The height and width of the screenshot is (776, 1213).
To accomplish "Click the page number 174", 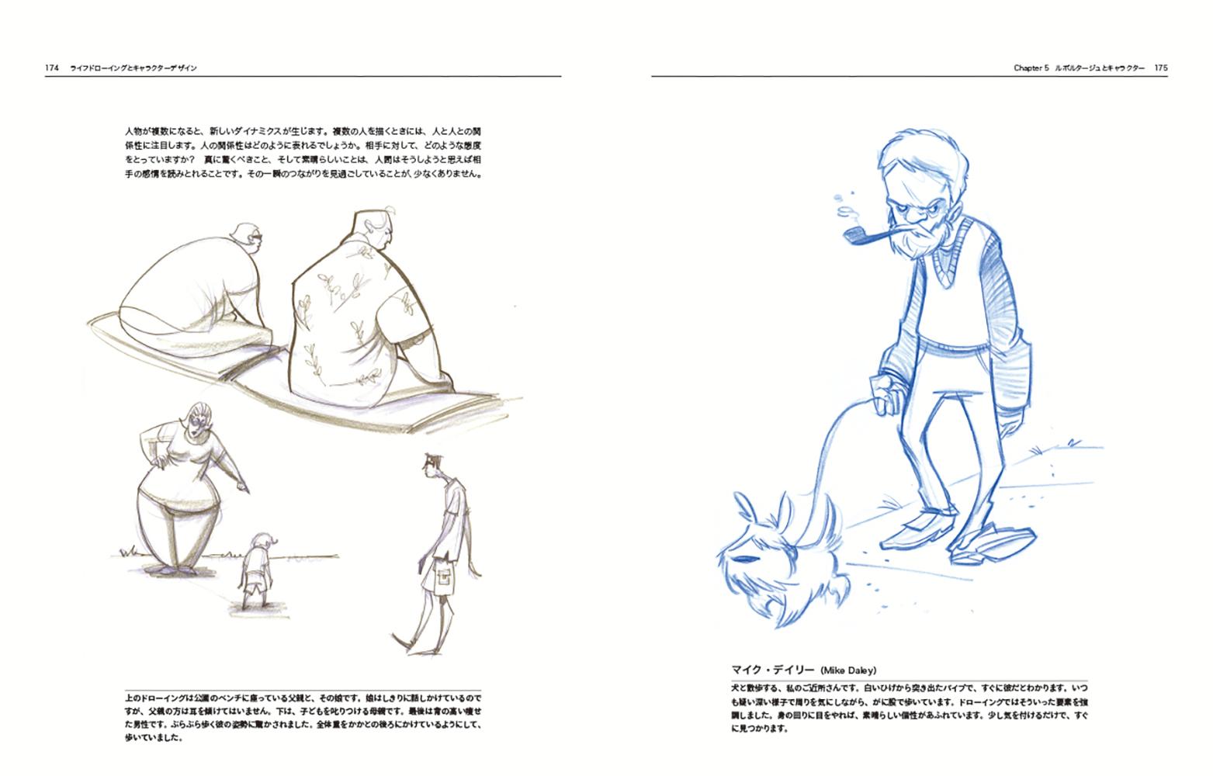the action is click(x=51, y=68).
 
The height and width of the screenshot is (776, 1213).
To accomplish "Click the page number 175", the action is click(x=1161, y=68).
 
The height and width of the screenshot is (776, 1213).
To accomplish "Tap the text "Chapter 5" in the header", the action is click(x=1031, y=68).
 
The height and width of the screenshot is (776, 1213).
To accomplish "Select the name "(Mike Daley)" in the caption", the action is click(x=848, y=670).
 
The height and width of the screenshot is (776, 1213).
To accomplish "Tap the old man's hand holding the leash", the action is click(x=888, y=394).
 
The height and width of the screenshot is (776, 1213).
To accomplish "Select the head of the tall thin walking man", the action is click(x=432, y=465).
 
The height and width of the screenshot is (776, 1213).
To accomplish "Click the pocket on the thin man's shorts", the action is click(x=445, y=579).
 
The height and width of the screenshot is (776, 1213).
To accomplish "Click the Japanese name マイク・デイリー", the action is click(x=773, y=670).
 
